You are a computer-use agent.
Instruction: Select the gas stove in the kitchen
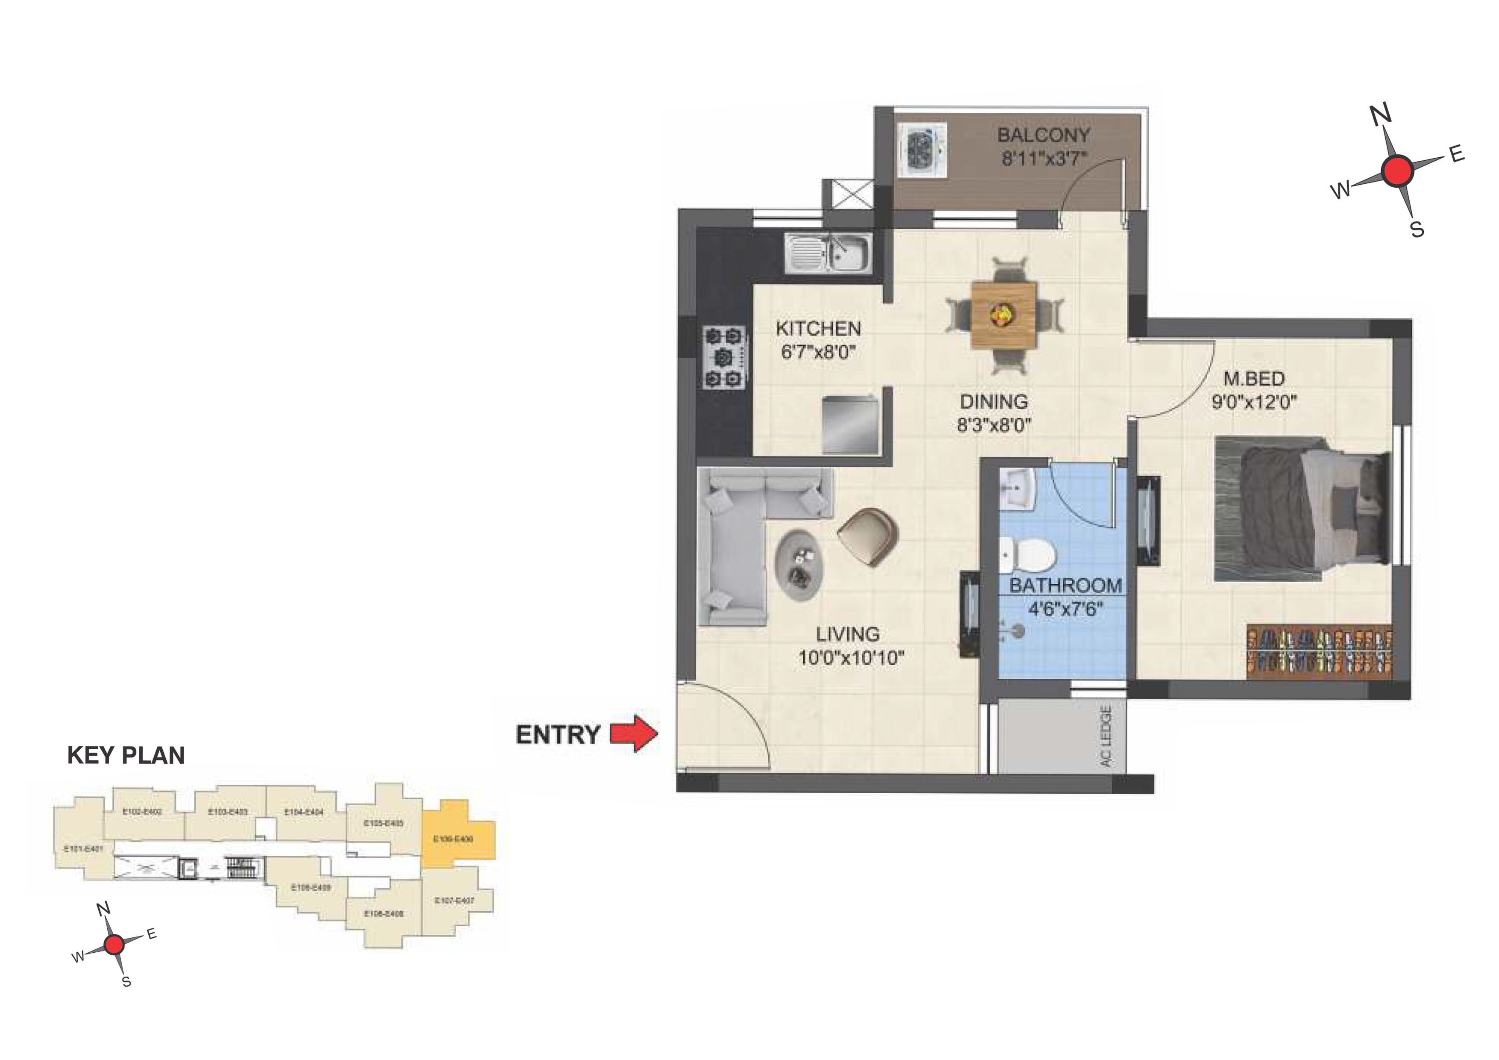[724, 356]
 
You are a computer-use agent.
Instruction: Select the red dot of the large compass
[1397, 171]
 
